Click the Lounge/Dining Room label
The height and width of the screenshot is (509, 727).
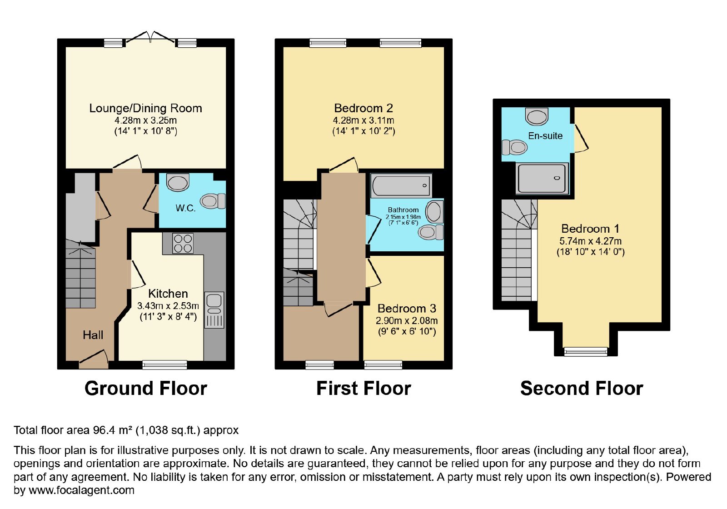coord(145,108)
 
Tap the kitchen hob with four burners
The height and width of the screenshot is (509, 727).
coord(183,244)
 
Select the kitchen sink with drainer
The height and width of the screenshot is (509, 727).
coord(214,310)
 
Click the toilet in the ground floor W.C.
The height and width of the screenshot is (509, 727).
coord(213,201)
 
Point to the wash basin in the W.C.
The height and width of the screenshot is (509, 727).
coord(178,182)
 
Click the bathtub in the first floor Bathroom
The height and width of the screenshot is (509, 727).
coord(402,186)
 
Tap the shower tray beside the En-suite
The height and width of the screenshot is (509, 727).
coord(542,179)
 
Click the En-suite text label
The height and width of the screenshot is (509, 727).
coord(545,136)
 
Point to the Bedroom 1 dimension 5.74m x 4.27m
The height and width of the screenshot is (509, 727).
coord(590,241)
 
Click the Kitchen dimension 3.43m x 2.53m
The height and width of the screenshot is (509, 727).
coord(168,306)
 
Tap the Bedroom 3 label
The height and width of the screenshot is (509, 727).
coord(407,308)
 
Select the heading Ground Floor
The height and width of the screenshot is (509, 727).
coord(146,388)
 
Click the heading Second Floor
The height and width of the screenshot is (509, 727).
coord(582,388)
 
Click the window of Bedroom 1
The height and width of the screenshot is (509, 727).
coord(586,352)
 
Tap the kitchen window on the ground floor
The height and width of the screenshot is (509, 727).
coord(165,365)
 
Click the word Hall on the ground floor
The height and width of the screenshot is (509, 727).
coord(93,335)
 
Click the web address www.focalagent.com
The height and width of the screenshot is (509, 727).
coord(81,490)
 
